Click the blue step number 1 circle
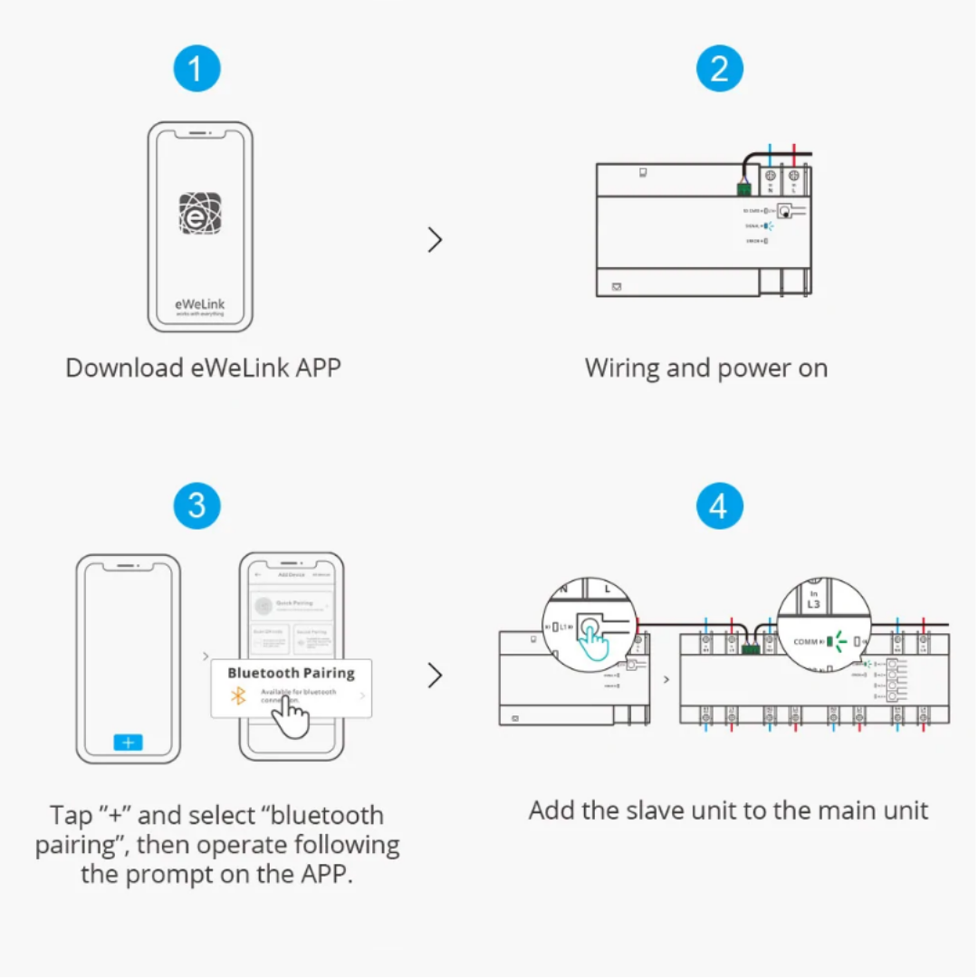197,70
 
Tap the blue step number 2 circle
719,70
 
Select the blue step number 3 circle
197,506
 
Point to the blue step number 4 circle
719,506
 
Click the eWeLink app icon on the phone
200,214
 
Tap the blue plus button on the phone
128,742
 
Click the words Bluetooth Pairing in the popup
291,673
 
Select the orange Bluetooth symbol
238,695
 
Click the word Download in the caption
113,369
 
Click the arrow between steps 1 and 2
436,240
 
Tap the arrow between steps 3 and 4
436,676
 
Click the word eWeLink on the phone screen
199,304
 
